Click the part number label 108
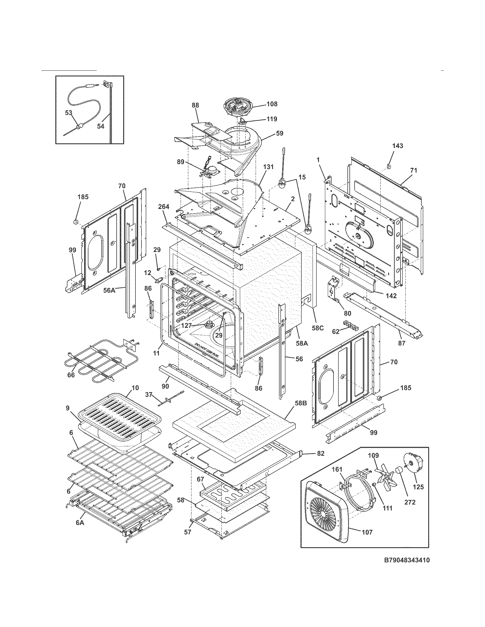point(272,104)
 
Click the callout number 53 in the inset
point(68,113)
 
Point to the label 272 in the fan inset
point(410,502)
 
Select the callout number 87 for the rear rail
point(401,343)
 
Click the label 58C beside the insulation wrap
point(318,327)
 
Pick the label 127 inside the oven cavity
point(186,326)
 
